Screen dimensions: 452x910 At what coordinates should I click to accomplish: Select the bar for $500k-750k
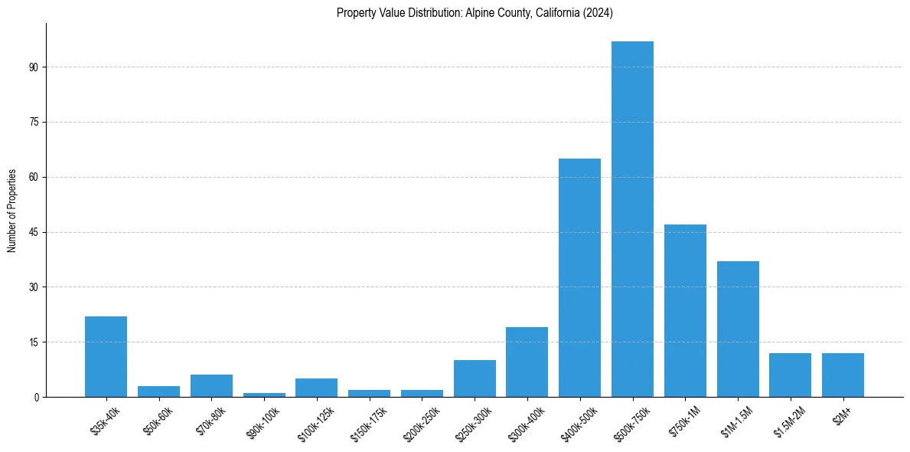pos(632,219)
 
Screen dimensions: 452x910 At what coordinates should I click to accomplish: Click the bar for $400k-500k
pos(579,277)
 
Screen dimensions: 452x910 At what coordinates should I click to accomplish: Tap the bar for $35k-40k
pos(106,356)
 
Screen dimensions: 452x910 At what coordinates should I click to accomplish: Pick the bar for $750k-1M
pos(685,310)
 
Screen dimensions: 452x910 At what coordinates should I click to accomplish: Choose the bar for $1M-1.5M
pos(738,329)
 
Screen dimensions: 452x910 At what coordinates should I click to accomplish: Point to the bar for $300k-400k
pos(527,362)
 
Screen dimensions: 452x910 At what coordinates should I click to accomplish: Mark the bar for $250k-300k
pos(475,378)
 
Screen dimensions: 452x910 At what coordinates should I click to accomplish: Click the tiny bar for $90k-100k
pos(264,395)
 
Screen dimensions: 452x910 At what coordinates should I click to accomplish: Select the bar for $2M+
pos(843,375)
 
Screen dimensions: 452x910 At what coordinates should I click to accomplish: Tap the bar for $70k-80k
pos(211,385)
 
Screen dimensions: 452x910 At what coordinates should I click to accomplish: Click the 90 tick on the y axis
pos(34,67)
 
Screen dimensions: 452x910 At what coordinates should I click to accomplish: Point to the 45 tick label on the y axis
pos(34,232)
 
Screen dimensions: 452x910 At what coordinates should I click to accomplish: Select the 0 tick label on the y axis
pos(36,397)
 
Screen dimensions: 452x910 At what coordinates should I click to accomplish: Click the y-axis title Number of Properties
pos(12,211)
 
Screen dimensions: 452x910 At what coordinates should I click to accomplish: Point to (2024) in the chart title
pos(599,13)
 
